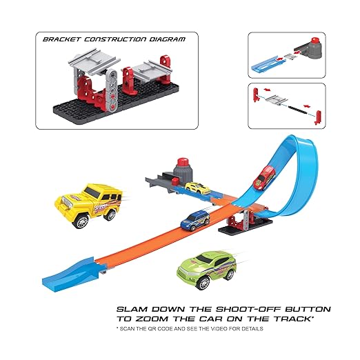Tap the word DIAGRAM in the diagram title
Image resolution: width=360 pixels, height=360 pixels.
tap(168, 39)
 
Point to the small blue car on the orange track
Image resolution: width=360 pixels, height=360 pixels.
tap(195, 221)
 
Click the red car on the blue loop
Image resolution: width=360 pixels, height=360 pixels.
tap(264, 178)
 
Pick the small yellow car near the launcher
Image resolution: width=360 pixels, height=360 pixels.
tap(197, 188)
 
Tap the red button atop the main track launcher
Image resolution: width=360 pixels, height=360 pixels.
tap(183, 161)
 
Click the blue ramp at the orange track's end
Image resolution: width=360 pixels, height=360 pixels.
tap(68, 272)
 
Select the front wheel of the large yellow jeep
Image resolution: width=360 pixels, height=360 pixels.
tap(81, 221)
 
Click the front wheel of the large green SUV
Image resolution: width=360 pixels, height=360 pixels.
tap(203, 283)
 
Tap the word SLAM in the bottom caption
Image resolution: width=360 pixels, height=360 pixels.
tap(132, 309)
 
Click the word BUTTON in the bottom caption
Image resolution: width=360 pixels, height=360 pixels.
tap(308, 309)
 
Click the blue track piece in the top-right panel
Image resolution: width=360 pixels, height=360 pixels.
tap(268, 64)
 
